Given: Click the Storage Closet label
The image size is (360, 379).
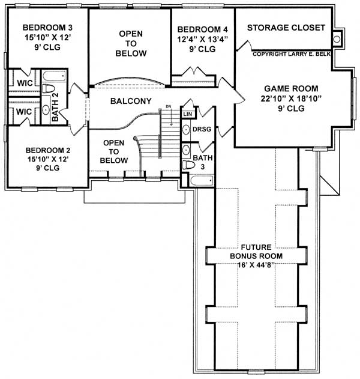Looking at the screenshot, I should [286, 28].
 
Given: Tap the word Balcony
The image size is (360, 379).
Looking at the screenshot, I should [130, 101].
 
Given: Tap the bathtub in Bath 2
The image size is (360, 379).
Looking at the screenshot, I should [54, 76].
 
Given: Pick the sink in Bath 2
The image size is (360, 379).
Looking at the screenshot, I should [46, 110].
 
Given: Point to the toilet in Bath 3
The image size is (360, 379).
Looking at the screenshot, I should [187, 163].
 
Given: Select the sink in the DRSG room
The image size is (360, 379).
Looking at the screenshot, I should [186, 129].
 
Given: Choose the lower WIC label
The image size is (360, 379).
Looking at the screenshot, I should [23, 112].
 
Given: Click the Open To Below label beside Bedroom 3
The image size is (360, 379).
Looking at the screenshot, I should [130, 43].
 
